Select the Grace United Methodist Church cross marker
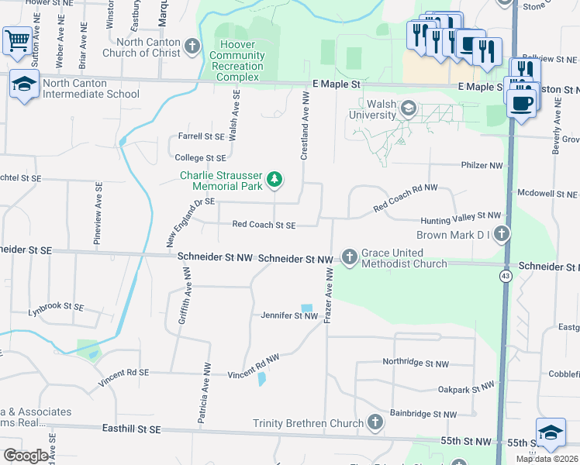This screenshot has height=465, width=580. point(350,257)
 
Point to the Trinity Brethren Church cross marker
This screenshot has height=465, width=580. point(375,422)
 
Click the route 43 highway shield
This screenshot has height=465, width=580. point(505,277)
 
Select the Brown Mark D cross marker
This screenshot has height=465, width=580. point(502,233)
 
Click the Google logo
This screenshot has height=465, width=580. point(26,456)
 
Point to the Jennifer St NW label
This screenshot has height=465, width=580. point(289,315)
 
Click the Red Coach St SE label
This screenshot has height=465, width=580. point(264,225)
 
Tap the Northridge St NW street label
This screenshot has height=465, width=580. point(416,363)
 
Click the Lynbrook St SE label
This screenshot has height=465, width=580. point(55,307)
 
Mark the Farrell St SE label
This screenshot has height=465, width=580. point(201,136)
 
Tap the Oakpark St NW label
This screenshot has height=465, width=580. point(465,388)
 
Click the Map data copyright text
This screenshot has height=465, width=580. point(547,459)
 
